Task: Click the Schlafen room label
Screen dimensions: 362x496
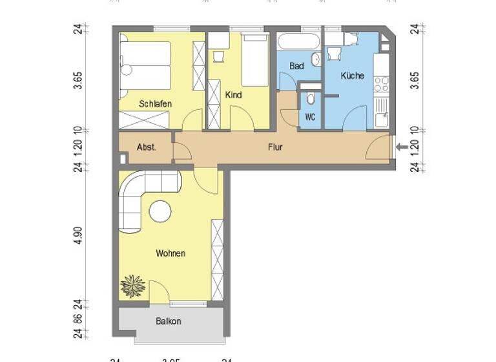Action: click(154, 103)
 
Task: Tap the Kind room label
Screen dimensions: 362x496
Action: click(233, 95)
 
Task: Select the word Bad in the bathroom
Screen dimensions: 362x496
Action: click(296, 66)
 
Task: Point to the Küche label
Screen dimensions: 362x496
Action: click(353, 76)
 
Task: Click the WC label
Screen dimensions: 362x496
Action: click(310, 117)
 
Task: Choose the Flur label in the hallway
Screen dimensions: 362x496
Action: click(275, 147)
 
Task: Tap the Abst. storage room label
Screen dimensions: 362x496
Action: click(145, 147)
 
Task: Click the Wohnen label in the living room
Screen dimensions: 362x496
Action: click(170, 253)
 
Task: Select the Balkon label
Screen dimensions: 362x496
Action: click(168, 321)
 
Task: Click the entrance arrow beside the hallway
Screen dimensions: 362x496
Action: click(401, 147)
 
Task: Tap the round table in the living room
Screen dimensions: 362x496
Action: click(160, 211)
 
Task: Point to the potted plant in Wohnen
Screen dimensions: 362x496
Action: click(134, 285)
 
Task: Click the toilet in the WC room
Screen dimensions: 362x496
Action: click(311, 99)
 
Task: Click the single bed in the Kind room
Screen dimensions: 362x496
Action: click(255, 61)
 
